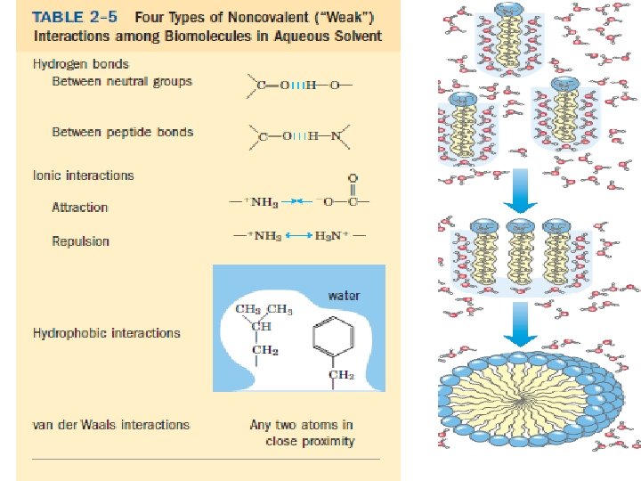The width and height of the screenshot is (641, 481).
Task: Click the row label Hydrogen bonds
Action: tap(81, 64)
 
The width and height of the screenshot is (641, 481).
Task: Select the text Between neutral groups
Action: tap(122, 82)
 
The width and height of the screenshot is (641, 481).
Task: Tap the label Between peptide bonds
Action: tap(123, 132)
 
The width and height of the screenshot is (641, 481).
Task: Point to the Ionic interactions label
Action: tap(84, 175)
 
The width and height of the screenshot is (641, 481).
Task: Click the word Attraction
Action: tap(80, 208)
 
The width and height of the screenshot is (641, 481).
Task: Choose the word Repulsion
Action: tap(81, 241)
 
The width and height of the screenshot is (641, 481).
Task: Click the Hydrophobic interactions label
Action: tap(107, 333)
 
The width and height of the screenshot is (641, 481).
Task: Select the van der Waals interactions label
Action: tap(111, 425)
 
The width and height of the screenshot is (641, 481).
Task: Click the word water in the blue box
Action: tap(345, 295)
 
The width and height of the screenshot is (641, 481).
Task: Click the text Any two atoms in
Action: tap(302, 425)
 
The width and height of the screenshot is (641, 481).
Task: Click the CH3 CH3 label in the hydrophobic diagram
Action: tap(264, 310)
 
